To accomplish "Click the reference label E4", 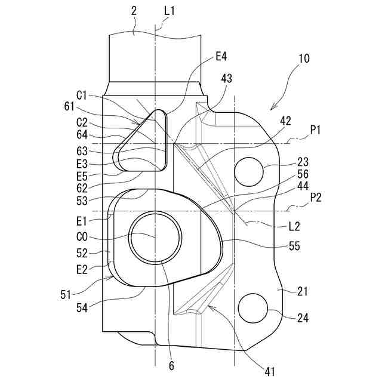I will (x=222, y=57).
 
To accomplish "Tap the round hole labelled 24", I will (x=252, y=309).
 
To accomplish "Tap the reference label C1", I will (x=83, y=95).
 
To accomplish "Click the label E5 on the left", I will (x=83, y=176).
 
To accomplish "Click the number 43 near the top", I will (x=226, y=79).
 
